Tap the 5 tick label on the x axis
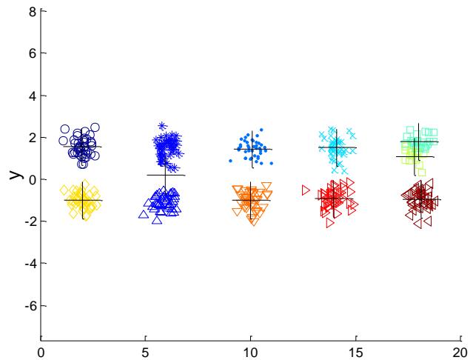[146, 352]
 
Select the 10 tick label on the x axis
[250, 352]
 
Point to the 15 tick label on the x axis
[355, 352]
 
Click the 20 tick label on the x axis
[460, 352]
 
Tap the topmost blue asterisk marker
[163, 126]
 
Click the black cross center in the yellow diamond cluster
[83, 200]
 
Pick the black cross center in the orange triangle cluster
[251, 200]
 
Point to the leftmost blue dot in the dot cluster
[230, 160]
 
